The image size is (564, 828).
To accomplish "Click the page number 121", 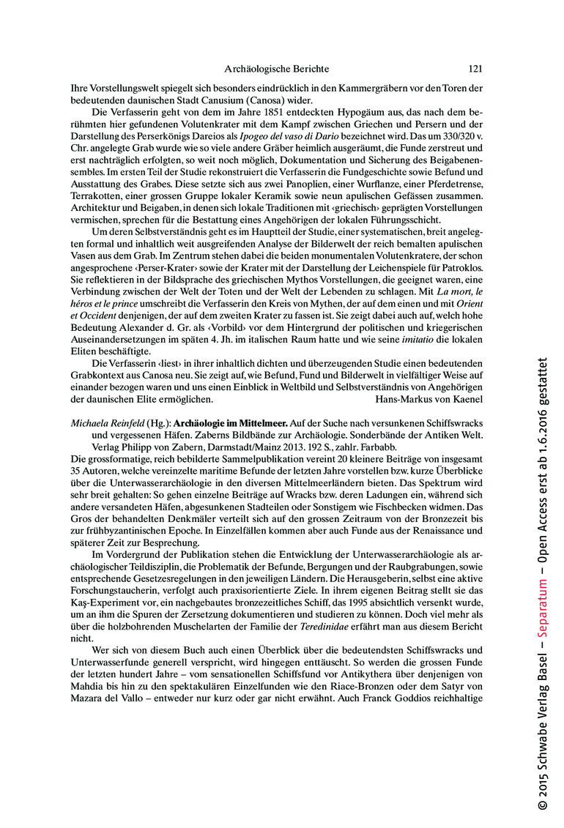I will pyautogui.click(x=475, y=69).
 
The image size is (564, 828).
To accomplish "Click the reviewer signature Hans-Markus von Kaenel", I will pyautogui.click(x=428, y=400).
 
